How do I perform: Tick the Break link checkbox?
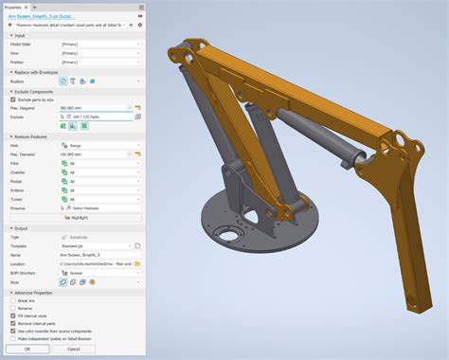coord(12,299)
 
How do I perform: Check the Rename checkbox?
coord(12,307)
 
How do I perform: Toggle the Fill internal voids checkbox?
coord(12,315)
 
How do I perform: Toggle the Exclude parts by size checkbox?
coord(12,99)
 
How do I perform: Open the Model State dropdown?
coord(99,45)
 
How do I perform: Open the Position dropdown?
coord(99,62)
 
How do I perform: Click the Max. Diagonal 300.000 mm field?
coord(95,108)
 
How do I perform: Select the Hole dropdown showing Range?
coord(99,145)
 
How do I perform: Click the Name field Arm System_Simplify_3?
coord(99,255)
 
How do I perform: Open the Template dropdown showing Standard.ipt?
coord(99,246)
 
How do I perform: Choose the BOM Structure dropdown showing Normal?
coord(99,272)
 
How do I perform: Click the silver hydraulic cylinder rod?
coord(332,156)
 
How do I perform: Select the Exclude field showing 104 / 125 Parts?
coord(99,117)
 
